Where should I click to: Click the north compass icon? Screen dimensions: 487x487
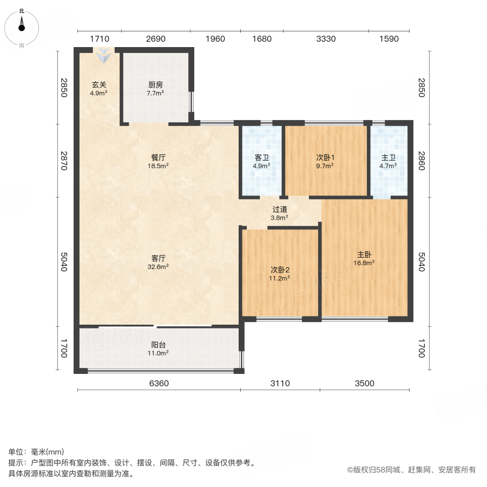pos(22,24)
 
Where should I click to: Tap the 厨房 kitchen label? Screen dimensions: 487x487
pos(156,85)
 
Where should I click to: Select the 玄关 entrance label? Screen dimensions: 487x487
pos(98,85)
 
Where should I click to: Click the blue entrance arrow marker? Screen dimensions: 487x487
pos(102,55)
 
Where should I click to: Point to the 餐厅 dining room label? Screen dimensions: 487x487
pos(159,157)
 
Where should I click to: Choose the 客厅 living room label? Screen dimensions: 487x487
pos(159,259)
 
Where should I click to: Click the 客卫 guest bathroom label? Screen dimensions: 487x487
pos(262,158)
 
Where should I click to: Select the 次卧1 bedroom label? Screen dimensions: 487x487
pos(326,158)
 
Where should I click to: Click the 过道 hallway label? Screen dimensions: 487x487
pos(279,209)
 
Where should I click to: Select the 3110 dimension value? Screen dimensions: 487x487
pos(280,384)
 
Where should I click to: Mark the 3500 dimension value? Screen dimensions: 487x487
pos(365,384)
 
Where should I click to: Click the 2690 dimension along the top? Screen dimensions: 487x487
pos(155,39)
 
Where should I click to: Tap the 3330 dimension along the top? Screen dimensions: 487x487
pos(326,39)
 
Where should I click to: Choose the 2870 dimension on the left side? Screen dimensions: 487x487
pos(64,161)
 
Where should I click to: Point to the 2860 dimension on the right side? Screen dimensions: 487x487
pos(422,161)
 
